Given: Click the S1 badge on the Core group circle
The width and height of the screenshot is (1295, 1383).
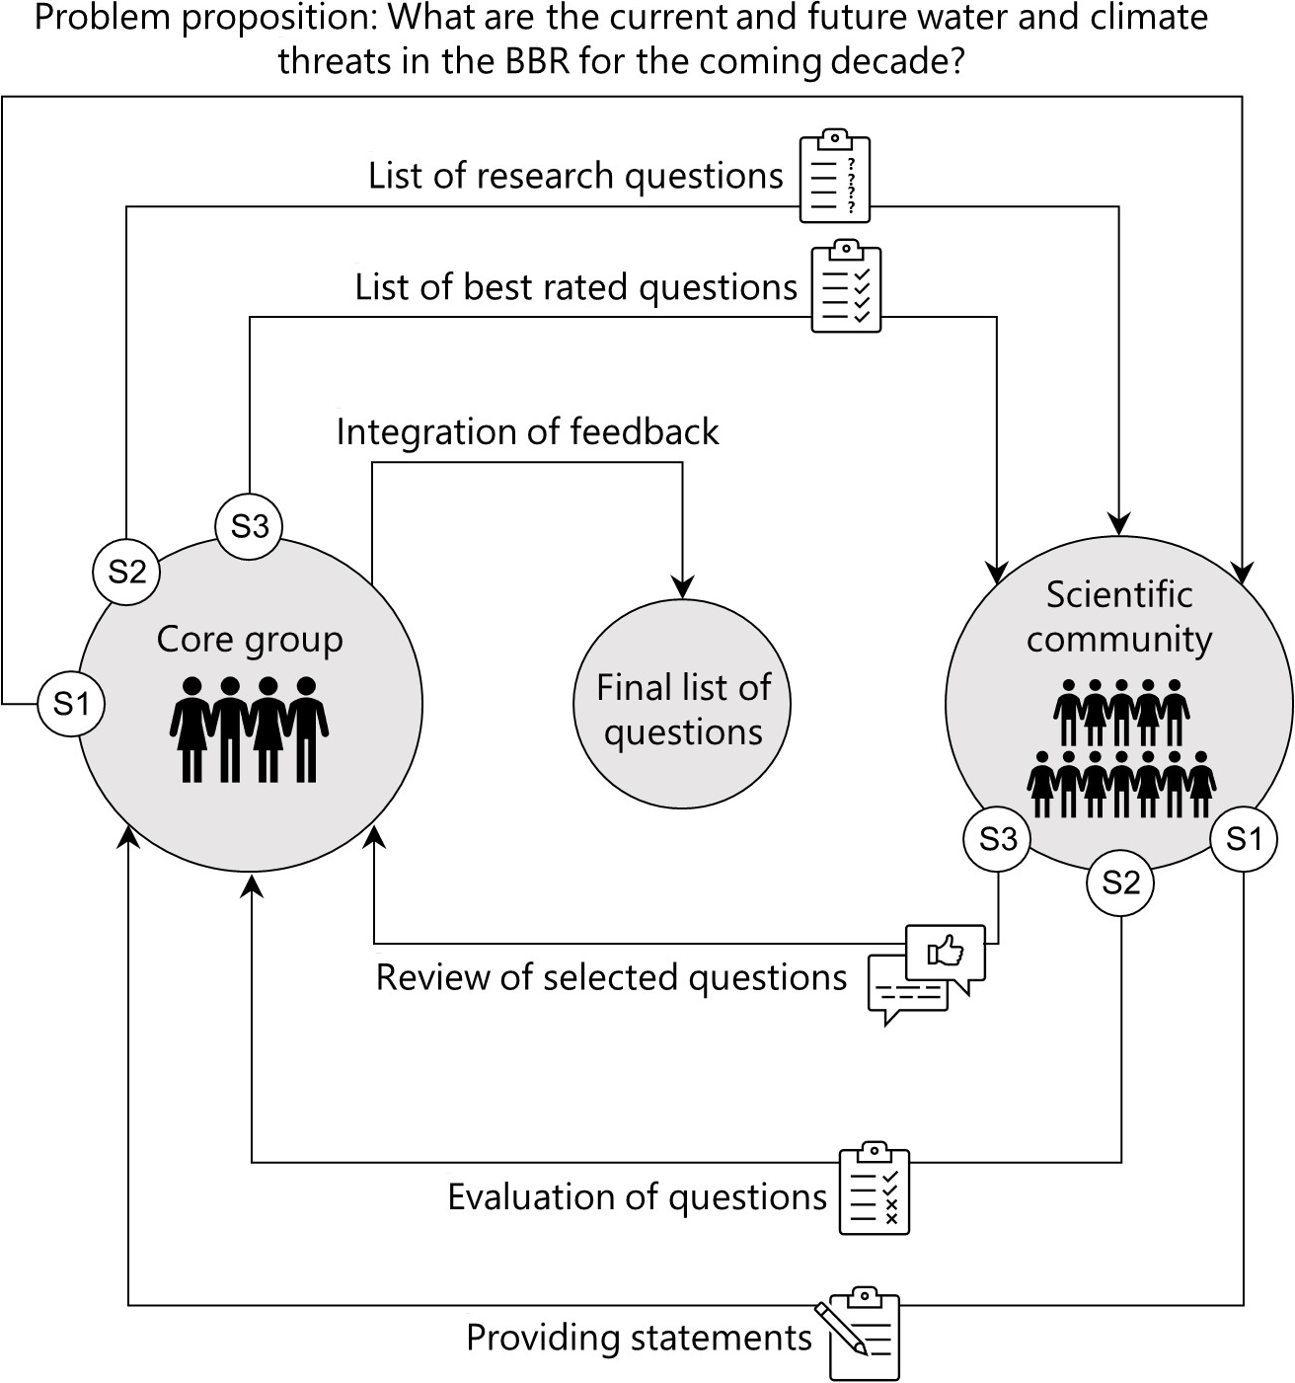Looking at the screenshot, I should point(71,704).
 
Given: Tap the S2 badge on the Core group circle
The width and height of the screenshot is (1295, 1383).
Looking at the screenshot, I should point(126,571).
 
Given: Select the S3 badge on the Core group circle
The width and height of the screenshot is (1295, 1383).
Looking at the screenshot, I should point(249,526).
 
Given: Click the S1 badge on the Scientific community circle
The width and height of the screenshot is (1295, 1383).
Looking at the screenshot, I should point(1244,839).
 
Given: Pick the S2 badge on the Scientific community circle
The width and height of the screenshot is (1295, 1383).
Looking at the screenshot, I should point(1120,882).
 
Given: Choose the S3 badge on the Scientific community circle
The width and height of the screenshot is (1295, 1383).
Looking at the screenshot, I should point(997,839).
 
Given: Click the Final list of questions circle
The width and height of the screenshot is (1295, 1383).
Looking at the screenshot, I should point(682,704).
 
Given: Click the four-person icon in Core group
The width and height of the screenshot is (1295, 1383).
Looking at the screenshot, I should point(249,729).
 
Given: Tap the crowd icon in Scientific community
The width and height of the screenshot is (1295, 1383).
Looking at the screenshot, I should point(1120,748).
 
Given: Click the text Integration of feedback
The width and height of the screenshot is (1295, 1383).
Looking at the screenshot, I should point(527,432).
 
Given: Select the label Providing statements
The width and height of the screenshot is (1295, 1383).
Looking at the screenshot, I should point(639,1338).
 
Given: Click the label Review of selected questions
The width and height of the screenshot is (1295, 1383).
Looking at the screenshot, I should point(611,977).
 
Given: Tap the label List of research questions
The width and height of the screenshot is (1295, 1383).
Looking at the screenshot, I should point(575,176).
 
